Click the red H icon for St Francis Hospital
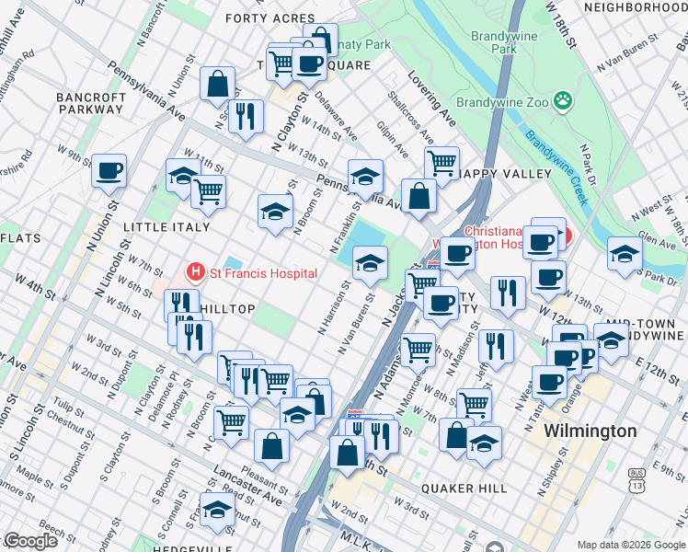[x=195, y=272]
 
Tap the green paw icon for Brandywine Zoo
[x=563, y=100]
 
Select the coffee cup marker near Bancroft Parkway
[x=109, y=170]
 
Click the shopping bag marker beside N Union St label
[x=216, y=84]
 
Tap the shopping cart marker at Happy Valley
[x=442, y=163]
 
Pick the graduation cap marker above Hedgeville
[x=217, y=509]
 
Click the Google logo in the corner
[x=30, y=541]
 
